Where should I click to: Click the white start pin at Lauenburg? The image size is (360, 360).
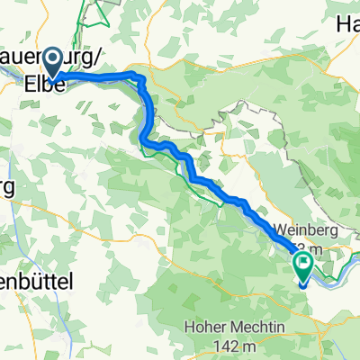pyautogui.click(x=53, y=61)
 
